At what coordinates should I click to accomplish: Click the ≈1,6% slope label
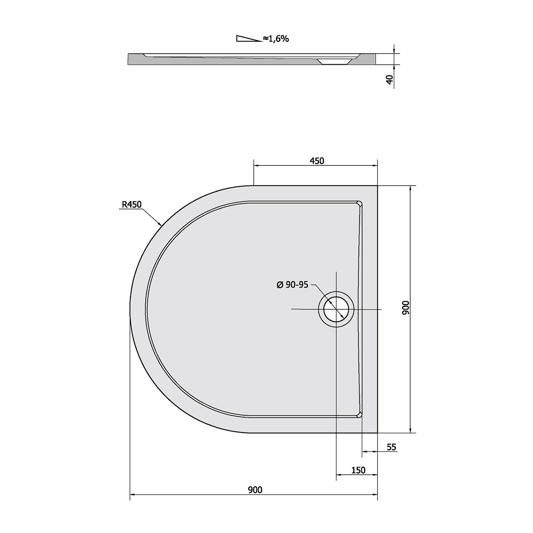[x=276, y=39]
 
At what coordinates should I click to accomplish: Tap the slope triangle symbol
[x=249, y=39]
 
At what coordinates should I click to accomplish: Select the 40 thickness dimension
[x=390, y=79]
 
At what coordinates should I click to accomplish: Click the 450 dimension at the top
[x=317, y=161]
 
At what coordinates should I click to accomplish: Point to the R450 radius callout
[x=132, y=204]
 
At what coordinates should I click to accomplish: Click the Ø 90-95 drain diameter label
[x=292, y=285]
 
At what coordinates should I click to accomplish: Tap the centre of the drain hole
[x=336, y=309]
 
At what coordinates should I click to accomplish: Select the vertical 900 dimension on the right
[x=406, y=308]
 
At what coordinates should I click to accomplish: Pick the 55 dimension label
[x=391, y=447]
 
